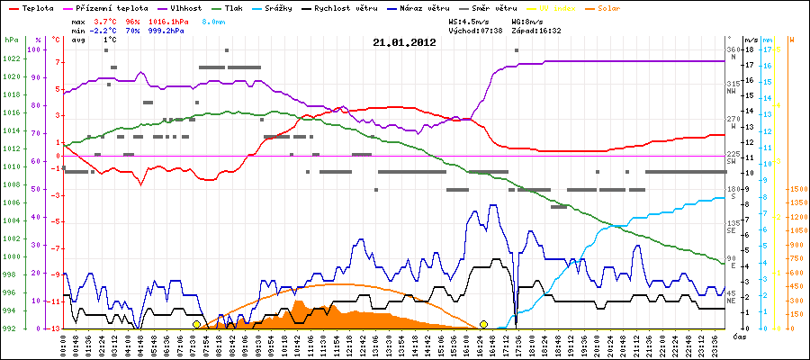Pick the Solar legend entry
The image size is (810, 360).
(624, 7)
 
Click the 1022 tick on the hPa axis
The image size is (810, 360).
(11, 59)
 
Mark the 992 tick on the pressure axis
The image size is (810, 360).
(11, 328)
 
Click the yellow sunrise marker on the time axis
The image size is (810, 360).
(197, 324)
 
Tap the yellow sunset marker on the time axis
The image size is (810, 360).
(484, 324)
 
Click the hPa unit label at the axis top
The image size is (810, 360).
(11, 40)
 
